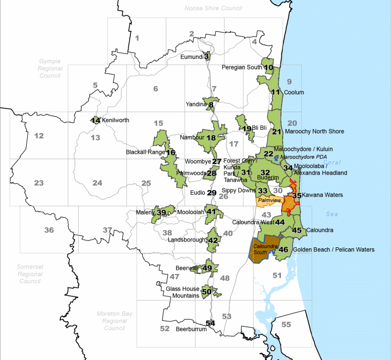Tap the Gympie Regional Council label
50,68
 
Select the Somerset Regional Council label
30,274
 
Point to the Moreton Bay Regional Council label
114,320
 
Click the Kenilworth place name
115,120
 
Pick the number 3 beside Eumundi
206,56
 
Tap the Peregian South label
242,67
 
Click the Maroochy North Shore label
314,131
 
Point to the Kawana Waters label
322,195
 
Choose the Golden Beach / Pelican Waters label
334,249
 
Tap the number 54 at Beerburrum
210,323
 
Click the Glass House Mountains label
182,292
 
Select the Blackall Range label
145,152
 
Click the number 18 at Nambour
211,138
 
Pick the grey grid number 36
49,230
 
